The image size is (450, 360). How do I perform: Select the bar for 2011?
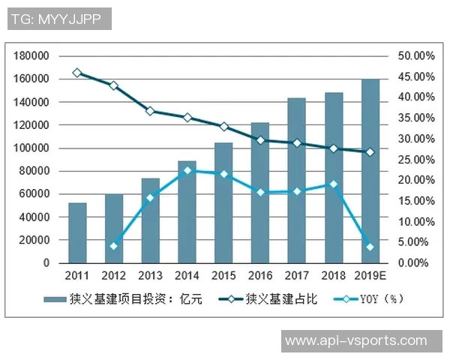(77, 232)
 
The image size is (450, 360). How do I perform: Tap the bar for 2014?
(187, 211)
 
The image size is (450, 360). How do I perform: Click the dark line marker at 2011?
(77, 73)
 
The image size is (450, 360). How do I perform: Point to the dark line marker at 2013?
(150, 111)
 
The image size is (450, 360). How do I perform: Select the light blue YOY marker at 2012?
(114, 246)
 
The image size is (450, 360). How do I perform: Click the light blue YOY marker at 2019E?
(370, 247)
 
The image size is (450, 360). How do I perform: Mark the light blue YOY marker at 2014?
(187, 170)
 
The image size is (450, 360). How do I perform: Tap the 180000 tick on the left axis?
(31, 56)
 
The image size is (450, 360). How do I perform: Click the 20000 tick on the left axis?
(34, 241)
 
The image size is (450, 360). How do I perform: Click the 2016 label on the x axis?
(260, 275)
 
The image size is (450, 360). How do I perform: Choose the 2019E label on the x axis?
(370, 275)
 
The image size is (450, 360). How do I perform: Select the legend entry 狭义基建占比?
(280, 299)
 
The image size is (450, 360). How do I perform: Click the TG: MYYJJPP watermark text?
(59, 19)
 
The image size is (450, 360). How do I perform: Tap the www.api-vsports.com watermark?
(355, 341)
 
